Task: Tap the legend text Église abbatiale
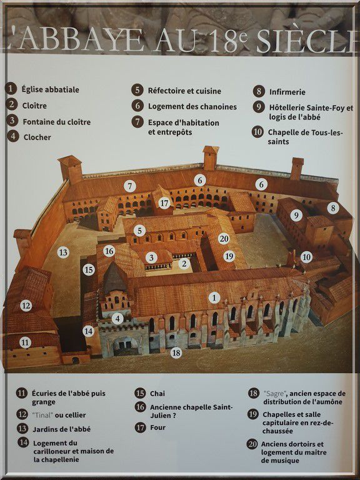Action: (x=50, y=90)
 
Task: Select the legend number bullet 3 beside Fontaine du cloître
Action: (x=12, y=121)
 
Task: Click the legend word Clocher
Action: (x=37, y=137)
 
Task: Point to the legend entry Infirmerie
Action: (x=287, y=92)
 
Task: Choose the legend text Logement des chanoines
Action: (x=192, y=106)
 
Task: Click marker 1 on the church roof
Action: (x=214, y=297)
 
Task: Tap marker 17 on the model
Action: (x=164, y=202)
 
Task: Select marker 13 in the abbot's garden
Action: (x=63, y=252)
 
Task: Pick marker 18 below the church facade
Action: (x=176, y=353)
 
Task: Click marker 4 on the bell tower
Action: (x=117, y=319)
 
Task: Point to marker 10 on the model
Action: (x=306, y=257)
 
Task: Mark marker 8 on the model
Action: (x=332, y=208)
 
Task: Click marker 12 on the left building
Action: (x=26, y=306)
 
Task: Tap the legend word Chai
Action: (x=157, y=394)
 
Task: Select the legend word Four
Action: (x=157, y=427)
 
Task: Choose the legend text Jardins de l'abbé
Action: (x=61, y=429)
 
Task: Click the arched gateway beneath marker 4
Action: (x=126, y=346)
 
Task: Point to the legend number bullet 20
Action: (x=252, y=444)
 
